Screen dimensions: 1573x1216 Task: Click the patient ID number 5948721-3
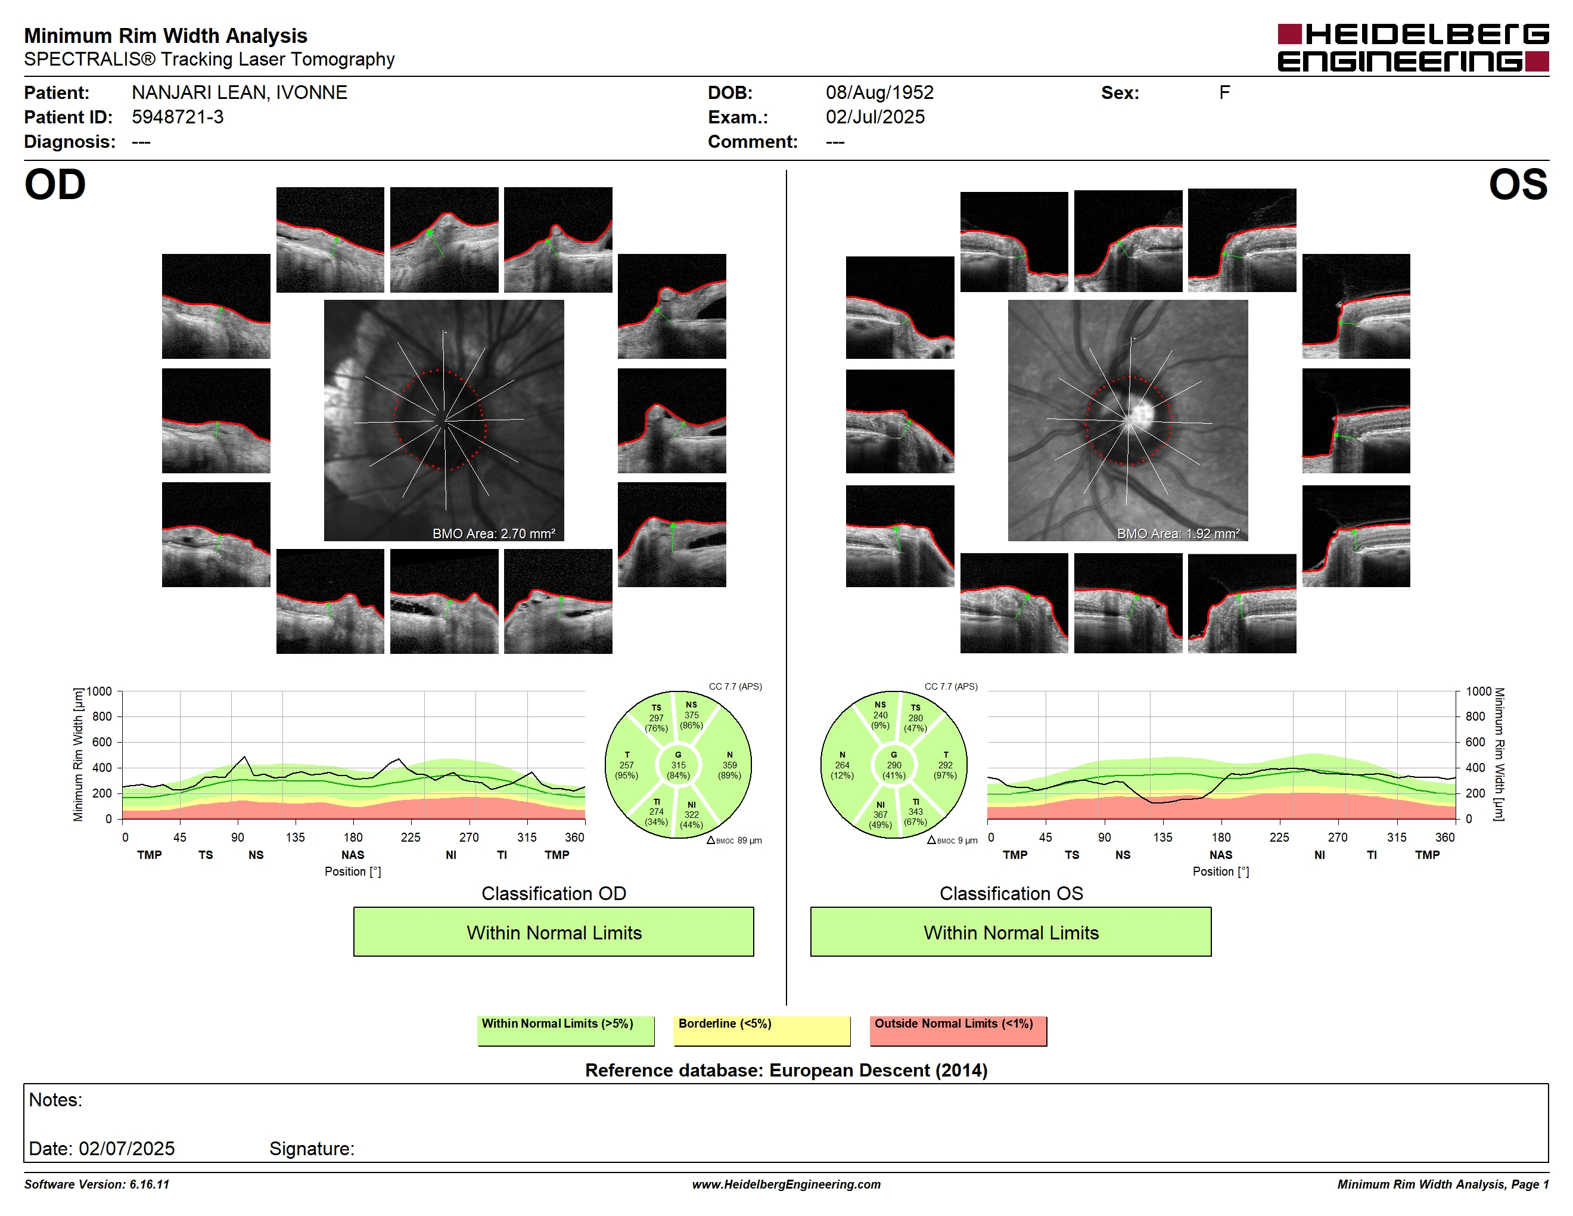tap(177, 117)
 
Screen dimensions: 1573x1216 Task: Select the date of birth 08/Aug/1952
tap(879, 92)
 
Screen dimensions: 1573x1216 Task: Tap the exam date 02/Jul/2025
tap(875, 117)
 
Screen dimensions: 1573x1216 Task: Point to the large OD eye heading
tap(55, 184)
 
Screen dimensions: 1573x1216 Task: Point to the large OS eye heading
tap(1518, 184)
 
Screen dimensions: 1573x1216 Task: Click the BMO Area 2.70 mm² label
tap(494, 534)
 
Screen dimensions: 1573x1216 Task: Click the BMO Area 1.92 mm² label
tap(1179, 534)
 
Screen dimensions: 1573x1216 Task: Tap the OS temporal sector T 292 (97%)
tap(945, 765)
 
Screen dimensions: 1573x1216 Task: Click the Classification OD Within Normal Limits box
tap(553, 932)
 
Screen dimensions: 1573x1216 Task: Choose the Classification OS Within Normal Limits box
tap(1011, 932)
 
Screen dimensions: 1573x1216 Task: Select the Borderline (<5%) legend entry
tap(761, 1030)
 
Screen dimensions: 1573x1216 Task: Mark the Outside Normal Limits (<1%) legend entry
tap(958, 1030)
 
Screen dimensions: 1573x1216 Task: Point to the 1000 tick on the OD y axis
tap(100, 691)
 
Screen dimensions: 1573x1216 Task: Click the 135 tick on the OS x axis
tap(1162, 837)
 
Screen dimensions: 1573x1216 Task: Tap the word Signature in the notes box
tap(311, 1148)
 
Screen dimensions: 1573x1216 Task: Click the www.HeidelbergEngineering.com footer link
tap(786, 1184)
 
